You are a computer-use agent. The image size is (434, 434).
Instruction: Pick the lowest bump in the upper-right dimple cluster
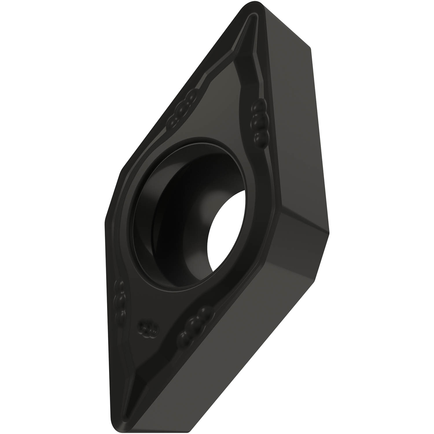tap(261, 136)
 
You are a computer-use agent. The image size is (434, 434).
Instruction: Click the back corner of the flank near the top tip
tap(310, 48)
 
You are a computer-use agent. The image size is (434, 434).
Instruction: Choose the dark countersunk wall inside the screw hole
tap(162, 231)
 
